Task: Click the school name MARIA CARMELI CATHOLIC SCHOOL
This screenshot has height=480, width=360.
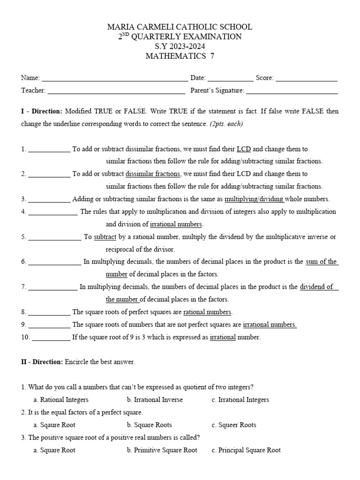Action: [x=180, y=27]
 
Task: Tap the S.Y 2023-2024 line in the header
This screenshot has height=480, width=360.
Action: [x=180, y=46]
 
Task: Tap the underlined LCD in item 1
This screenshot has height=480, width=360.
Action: [x=244, y=149]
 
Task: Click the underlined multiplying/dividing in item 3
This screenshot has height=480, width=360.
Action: [x=254, y=199]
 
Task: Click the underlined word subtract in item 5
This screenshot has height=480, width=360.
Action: [x=105, y=237]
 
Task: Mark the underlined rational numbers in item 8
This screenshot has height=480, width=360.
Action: [x=207, y=312]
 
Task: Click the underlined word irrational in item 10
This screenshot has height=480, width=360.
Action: [x=223, y=337]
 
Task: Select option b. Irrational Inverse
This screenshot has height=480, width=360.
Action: [x=155, y=400]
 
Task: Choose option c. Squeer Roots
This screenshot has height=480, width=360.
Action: [x=234, y=425]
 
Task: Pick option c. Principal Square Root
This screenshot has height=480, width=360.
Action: [x=246, y=450]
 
